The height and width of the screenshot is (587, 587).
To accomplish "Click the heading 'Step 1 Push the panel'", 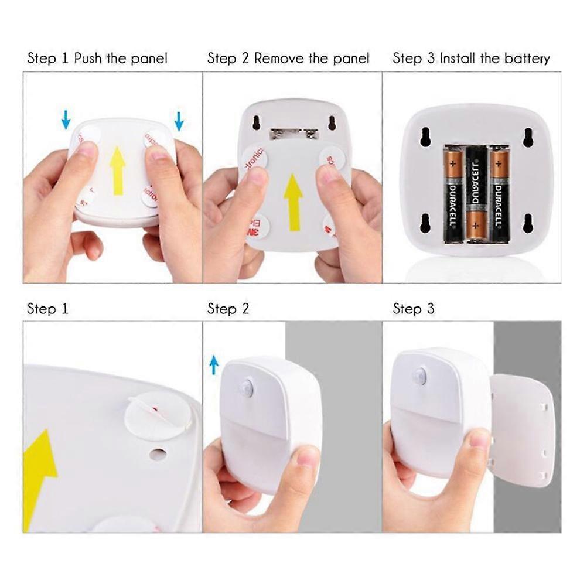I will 97,59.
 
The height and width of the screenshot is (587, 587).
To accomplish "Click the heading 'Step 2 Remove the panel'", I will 288,59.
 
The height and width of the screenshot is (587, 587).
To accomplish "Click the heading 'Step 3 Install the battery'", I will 471,59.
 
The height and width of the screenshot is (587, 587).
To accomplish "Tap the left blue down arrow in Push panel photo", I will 66,121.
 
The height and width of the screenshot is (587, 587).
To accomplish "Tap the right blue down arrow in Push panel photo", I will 179,121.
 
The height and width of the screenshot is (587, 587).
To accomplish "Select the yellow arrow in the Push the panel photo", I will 118,170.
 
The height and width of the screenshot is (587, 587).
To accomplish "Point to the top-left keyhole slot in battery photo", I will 425,136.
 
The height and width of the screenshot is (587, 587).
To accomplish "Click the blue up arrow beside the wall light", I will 214,364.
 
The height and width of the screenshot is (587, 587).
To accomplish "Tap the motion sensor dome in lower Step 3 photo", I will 420,376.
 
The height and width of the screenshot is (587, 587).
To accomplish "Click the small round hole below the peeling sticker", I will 157,454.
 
